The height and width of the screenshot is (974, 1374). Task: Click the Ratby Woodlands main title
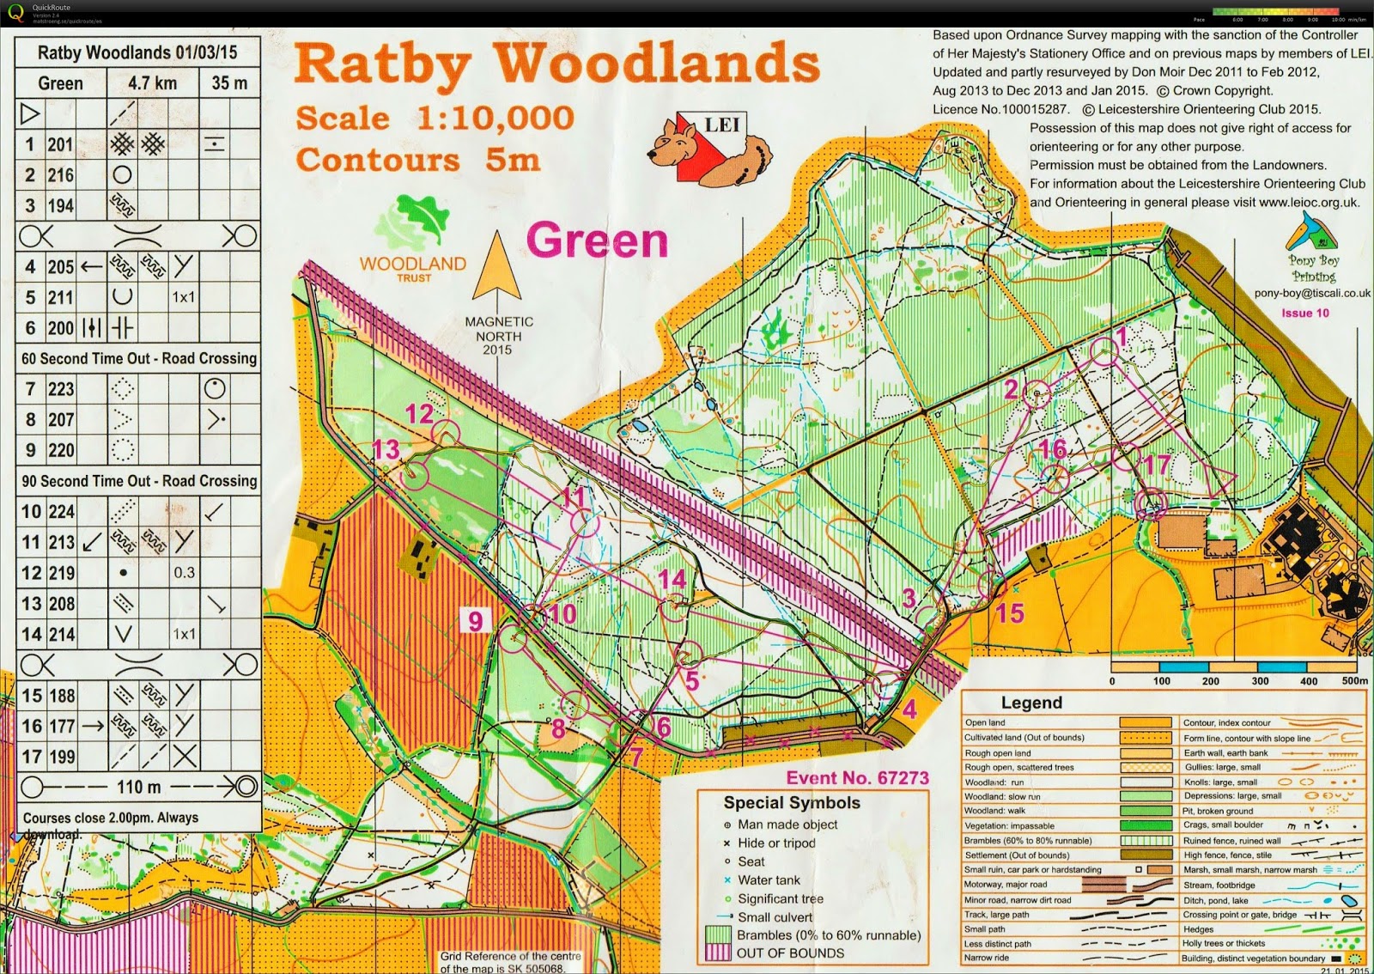[556, 65]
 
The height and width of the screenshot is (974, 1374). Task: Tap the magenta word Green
[597, 240]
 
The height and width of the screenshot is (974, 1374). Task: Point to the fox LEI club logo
[709, 149]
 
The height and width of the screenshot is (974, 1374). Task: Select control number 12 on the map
[419, 414]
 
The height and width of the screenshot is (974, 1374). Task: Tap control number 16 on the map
[1053, 449]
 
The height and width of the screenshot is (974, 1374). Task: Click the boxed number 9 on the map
[476, 619]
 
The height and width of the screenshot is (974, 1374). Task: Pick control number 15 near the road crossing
[1010, 612]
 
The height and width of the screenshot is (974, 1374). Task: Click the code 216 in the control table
[60, 175]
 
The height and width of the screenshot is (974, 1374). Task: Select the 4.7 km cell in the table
[153, 83]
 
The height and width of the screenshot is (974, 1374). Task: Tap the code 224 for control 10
[60, 512]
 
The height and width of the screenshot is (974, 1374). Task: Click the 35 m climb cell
[229, 83]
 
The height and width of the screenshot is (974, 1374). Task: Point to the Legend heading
[1031, 703]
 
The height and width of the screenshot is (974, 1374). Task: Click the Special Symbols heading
[791, 802]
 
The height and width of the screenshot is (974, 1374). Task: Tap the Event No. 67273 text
[857, 778]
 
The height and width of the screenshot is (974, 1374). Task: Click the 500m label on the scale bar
[1354, 681]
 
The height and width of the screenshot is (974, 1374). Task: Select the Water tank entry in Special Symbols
[769, 880]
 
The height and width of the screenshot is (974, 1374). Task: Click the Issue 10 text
[1304, 313]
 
